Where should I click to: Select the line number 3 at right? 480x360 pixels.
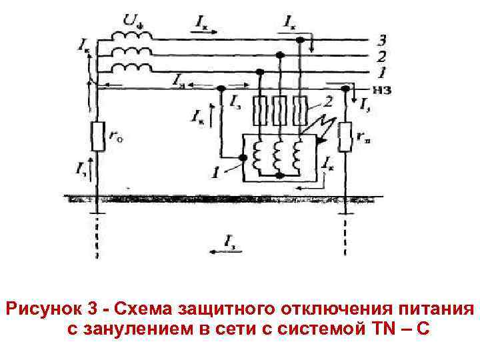[x=381, y=39]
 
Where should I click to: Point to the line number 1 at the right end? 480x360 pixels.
[x=381, y=71]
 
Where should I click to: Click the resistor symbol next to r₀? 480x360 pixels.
[x=97, y=137]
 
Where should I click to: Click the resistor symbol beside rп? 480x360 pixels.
[x=345, y=137]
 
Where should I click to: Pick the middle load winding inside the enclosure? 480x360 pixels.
[x=281, y=155]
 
